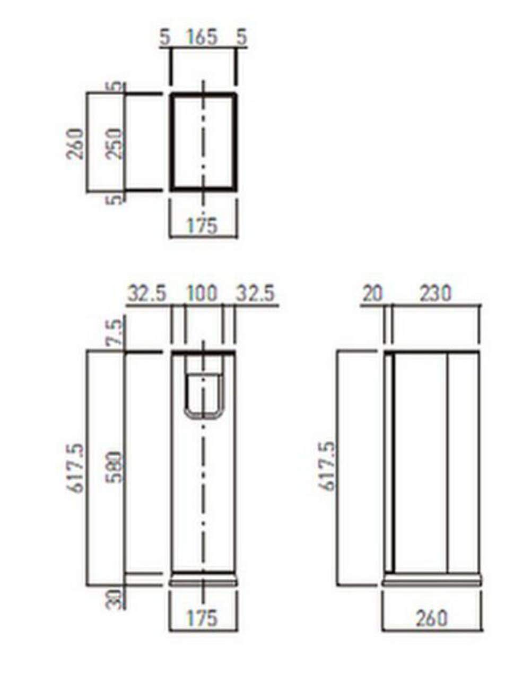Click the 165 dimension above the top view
pyautogui.click(x=202, y=37)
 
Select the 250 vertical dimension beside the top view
pyautogui.click(x=114, y=143)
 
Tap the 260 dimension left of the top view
pyautogui.click(x=76, y=143)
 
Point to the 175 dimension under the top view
pyautogui.click(x=202, y=226)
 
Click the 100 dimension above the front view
pyautogui.click(x=203, y=293)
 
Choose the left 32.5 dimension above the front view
pyautogui.click(x=147, y=293)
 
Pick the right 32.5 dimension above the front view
pyautogui.click(x=256, y=293)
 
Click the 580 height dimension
pyautogui.click(x=114, y=467)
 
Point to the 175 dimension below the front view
pyautogui.click(x=202, y=618)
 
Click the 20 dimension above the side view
pyautogui.click(x=372, y=293)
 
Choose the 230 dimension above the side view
pyautogui.click(x=435, y=293)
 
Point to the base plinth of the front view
pyautogui.click(x=203, y=580)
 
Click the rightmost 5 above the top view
pyautogui.click(x=242, y=37)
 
